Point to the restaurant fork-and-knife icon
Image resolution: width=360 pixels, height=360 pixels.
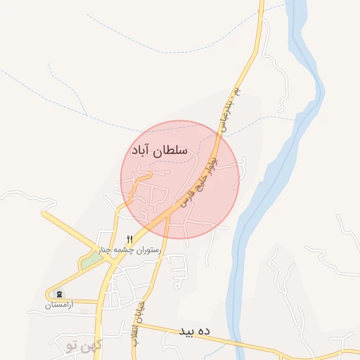click(x=129, y=239)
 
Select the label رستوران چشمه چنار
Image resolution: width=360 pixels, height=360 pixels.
click(x=136, y=250)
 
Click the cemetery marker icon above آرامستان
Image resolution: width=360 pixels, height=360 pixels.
click(x=58, y=294)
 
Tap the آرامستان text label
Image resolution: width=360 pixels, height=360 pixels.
click(x=58, y=305)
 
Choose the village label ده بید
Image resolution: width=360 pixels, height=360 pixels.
click(x=195, y=330)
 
